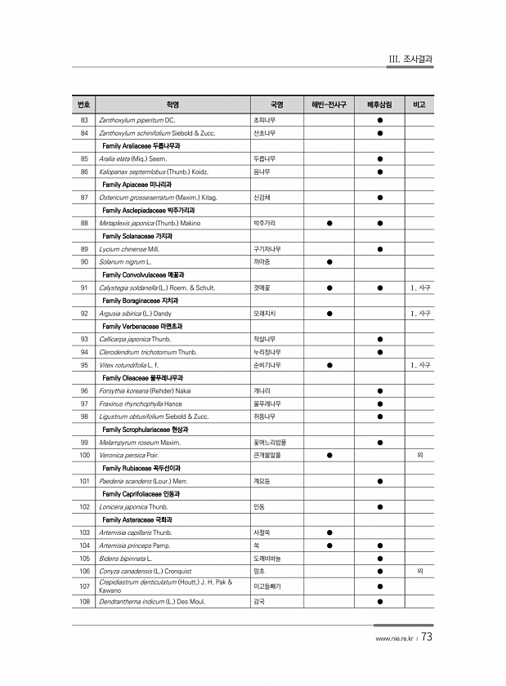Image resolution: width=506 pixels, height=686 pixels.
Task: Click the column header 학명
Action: coord(172,105)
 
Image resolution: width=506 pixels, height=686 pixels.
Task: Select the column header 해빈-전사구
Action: coord(329,105)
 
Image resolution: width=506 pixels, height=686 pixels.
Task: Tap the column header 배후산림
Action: coord(380,105)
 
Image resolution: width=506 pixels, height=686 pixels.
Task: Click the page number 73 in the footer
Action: coord(428,637)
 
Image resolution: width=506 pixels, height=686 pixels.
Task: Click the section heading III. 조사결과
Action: coord(410,59)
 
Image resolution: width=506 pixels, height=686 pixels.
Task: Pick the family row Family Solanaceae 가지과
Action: coord(137,235)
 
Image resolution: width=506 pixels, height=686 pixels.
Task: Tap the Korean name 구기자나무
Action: coord(268,248)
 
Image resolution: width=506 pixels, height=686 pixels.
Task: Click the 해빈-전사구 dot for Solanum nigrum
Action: coord(329,261)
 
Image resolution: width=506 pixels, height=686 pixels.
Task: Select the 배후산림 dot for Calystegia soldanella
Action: coord(380,287)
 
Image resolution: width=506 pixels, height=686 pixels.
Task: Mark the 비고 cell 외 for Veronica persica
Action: coord(420,455)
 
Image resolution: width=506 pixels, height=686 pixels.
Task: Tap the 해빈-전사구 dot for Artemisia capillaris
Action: coord(329,532)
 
